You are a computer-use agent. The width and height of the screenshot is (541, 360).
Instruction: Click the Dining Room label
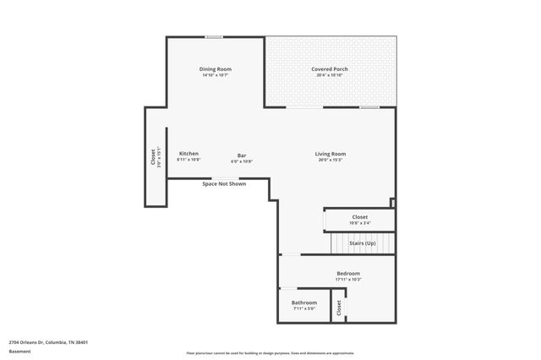coord(216,69)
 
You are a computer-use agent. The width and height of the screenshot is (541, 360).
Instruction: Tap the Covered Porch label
coord(330,69)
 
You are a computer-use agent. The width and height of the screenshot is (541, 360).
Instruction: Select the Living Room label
coord(331,154)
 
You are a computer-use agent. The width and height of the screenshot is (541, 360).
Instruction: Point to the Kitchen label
coord(189,154)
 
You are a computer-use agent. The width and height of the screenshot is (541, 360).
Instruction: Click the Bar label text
coord(242,155)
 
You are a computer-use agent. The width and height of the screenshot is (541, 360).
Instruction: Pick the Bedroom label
coord(348,274)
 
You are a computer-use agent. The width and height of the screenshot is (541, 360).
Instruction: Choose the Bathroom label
coord(304,303)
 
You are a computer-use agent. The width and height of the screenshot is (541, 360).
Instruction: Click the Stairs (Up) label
coord(363,243)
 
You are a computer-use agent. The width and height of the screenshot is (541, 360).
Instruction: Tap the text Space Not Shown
coord(224,183)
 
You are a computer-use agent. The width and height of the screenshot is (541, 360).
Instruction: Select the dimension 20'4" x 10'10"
coord(330,75)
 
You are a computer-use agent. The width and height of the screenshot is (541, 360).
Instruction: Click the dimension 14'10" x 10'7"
coord(216,75)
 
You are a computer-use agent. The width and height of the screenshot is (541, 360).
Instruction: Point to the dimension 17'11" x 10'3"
coord(348,280)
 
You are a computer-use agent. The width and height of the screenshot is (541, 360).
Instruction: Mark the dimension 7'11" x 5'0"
coord(304,308)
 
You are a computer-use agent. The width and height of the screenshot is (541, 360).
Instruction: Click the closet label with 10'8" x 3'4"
coord(360,218)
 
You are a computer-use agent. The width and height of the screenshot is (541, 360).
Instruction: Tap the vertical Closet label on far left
coord(153,158)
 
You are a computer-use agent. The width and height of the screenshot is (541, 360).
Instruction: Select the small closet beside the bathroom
coord(338,308)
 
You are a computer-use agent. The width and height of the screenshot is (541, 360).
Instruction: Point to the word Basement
coord(19,352)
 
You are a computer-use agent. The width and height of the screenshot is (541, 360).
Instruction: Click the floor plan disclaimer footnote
coord(270,353)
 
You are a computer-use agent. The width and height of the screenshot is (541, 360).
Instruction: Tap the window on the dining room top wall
coord(215,36)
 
